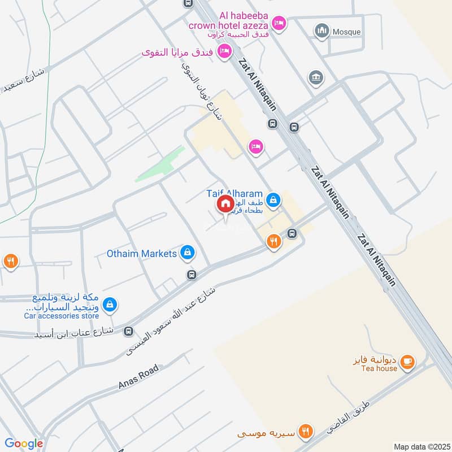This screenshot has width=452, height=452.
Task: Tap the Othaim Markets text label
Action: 142,254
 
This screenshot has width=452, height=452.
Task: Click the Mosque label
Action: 346,32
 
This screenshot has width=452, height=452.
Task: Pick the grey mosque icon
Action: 322,31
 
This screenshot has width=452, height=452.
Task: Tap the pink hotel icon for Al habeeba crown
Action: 279,23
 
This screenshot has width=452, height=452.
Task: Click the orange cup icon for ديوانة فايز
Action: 407,360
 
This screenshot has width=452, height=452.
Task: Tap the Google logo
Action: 24,444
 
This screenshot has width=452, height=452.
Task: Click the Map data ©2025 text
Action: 421,446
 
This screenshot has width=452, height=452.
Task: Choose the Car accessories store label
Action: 61,316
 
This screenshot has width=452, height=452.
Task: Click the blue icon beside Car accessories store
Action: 110,305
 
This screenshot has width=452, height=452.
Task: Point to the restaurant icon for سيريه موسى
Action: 306,431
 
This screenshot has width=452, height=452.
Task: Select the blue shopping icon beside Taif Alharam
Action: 273,199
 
